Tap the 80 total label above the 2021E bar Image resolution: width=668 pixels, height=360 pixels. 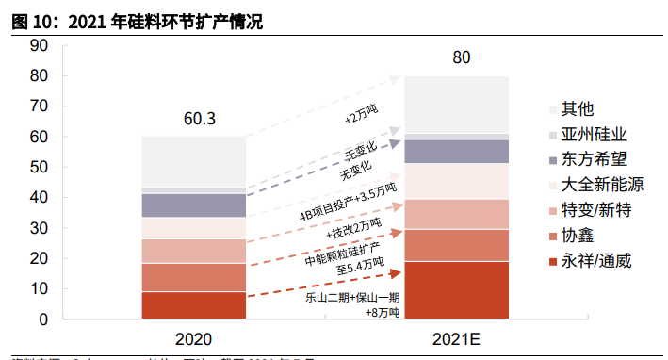click(461, 58)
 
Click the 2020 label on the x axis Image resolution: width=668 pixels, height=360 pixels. click(193, 338)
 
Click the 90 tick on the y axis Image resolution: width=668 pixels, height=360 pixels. click(39, 45)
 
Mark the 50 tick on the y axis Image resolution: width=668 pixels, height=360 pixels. click(39, 168)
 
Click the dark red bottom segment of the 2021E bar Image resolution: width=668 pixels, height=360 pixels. click(456, 290)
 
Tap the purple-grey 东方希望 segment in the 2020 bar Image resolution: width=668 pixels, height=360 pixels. click(193, 205)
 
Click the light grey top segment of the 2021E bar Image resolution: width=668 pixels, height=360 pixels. click(456, 104)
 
